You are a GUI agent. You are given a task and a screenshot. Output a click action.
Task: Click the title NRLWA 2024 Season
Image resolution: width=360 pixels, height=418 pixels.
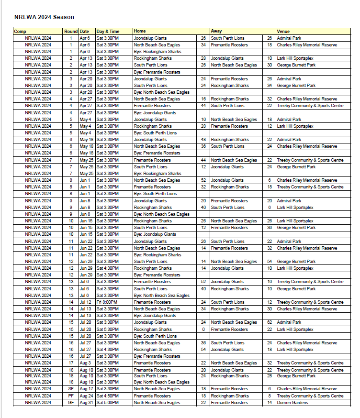44,17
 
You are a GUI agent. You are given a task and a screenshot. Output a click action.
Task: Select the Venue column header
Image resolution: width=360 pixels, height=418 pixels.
283,32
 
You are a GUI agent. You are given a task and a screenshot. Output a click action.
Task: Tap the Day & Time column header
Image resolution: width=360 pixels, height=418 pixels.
108,32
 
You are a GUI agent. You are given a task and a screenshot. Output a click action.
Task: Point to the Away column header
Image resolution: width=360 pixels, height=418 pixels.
216,32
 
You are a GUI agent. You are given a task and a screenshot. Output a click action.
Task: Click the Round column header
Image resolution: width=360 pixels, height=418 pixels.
70,32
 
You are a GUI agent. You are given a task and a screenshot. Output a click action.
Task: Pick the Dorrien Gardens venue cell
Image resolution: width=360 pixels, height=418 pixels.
292,403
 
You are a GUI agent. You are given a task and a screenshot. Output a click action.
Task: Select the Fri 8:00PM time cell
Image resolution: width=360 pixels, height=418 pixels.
107,302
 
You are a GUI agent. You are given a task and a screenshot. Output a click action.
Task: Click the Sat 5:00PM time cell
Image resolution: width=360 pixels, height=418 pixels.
107,403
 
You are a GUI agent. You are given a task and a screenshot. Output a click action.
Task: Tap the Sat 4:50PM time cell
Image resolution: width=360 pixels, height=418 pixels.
107,396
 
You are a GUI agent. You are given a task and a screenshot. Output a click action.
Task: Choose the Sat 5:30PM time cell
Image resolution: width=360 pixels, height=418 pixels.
107,330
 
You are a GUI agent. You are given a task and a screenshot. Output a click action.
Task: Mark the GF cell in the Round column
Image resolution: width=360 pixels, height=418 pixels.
71,403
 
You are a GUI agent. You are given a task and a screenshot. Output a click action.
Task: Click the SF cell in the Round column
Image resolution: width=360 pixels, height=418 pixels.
71,389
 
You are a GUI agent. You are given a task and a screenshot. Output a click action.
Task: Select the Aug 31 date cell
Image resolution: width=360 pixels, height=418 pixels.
86,403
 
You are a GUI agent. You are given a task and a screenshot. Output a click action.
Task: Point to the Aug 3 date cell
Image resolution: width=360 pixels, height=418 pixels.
85,363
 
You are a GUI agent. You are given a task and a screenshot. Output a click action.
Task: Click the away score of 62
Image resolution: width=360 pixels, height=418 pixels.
270,322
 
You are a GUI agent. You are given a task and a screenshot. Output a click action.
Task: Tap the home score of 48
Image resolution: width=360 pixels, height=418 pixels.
203,140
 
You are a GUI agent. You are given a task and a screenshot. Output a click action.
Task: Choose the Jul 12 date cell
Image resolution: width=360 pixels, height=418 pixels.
85,302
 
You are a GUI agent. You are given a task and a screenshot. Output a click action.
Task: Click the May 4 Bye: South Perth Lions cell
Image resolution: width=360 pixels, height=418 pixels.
155,133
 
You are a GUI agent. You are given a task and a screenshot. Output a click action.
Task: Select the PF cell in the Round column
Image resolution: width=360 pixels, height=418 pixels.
71,396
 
